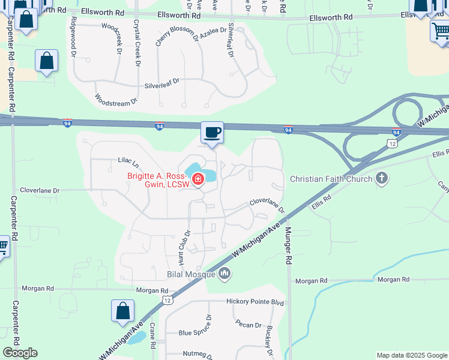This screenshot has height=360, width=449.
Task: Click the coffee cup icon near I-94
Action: [211, 132]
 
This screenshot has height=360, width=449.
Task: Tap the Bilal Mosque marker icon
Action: [225, 274]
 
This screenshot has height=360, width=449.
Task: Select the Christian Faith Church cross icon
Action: [381, 179]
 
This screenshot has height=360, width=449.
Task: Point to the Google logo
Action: [20, 353]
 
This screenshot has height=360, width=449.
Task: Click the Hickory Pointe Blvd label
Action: [255, 302]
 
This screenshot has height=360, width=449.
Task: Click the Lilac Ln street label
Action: [128, 163]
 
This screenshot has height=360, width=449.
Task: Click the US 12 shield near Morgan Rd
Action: [167, 299]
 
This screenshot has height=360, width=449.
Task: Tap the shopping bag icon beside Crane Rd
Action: [122, 311]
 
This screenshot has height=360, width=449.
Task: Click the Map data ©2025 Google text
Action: [411, 355]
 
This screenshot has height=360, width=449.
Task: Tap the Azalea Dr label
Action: [213, 29]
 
